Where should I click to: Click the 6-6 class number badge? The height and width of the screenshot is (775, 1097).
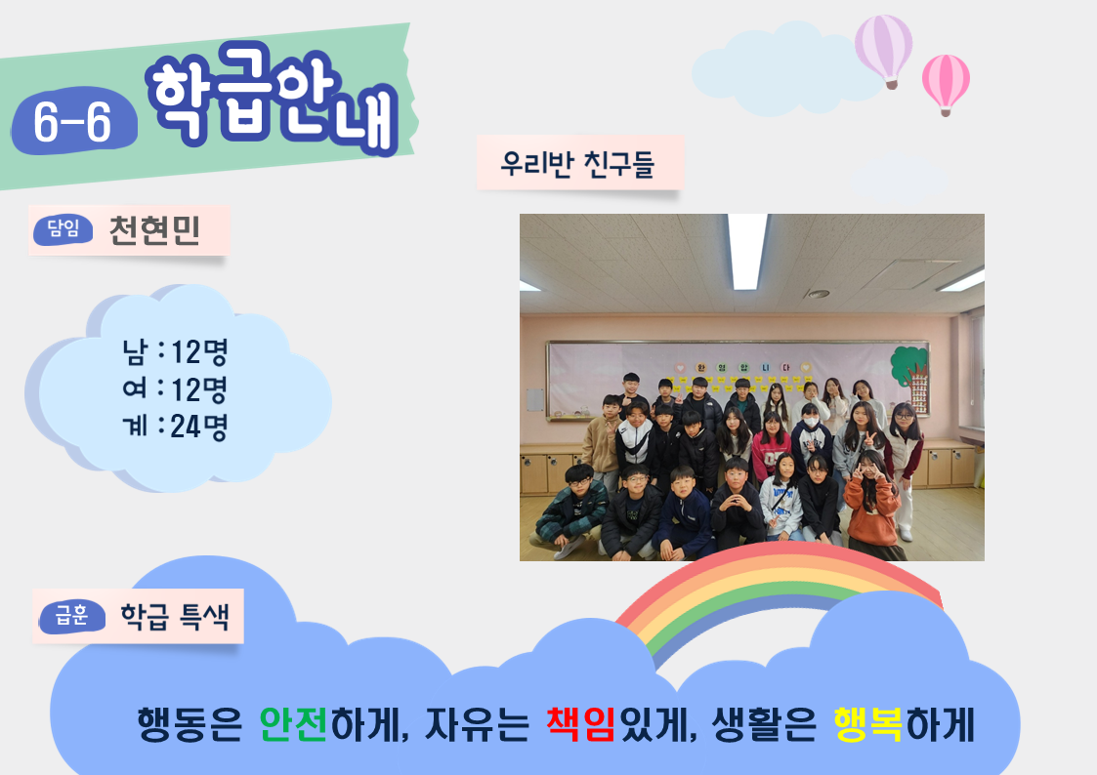(x=73, y=120)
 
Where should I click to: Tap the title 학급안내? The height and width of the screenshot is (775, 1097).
(x=273, y=97)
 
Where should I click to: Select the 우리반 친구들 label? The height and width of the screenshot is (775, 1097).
(x=578, y=164)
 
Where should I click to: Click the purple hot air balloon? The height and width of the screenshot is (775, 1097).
(x=884, y=51)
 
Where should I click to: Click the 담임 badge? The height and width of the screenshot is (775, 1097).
(x=63, y=228)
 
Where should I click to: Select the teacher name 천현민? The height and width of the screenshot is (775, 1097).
(x=154, y=230)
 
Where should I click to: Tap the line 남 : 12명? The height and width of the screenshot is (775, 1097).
(x=175, y=351)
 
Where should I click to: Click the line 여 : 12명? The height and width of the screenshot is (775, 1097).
(x=175, y=389)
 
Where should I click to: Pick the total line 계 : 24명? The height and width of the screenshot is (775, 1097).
(x=175, y=427)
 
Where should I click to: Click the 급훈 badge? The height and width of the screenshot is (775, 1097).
(x=72, y=616)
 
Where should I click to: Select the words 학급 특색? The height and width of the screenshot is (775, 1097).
(x=175, y=616)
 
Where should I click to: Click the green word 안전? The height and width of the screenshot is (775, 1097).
(x=293, y=724)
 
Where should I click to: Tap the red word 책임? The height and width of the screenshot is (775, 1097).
(x=580, y=724)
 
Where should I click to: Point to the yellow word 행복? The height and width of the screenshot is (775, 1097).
(x=868, y=724)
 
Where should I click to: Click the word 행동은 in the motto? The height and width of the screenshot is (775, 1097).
(x=190, y=724)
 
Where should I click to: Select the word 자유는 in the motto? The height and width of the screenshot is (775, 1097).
(x=477, y=724)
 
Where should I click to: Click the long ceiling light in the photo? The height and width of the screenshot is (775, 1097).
(x=746, y=252)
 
